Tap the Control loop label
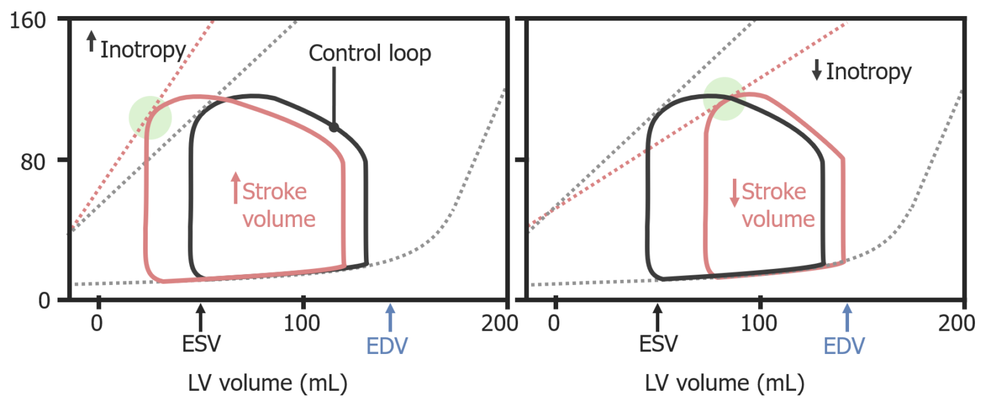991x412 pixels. (369, 54)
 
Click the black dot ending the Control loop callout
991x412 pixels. (334, 127)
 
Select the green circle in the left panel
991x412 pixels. (150, 117)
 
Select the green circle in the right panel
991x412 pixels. (724, 98)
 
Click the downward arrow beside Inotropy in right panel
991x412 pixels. (817, 72)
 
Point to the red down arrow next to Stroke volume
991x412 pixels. (734, 192)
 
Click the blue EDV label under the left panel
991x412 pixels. (387, 346)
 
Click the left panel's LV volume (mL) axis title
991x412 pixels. (267, 385)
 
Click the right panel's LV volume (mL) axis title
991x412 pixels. (725, 385)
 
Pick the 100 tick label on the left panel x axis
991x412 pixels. (303, 322)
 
